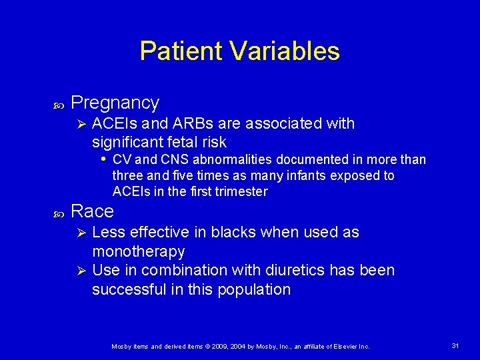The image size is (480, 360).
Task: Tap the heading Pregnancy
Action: (115, 103)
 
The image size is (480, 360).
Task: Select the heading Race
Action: (92, 211)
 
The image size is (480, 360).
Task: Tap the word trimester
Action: (239, 191)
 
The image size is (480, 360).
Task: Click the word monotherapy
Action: (138, 251)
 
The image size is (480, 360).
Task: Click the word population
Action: (257, 289)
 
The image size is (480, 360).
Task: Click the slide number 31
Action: (456, 345)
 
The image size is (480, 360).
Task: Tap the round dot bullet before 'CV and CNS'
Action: (103, 159)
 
